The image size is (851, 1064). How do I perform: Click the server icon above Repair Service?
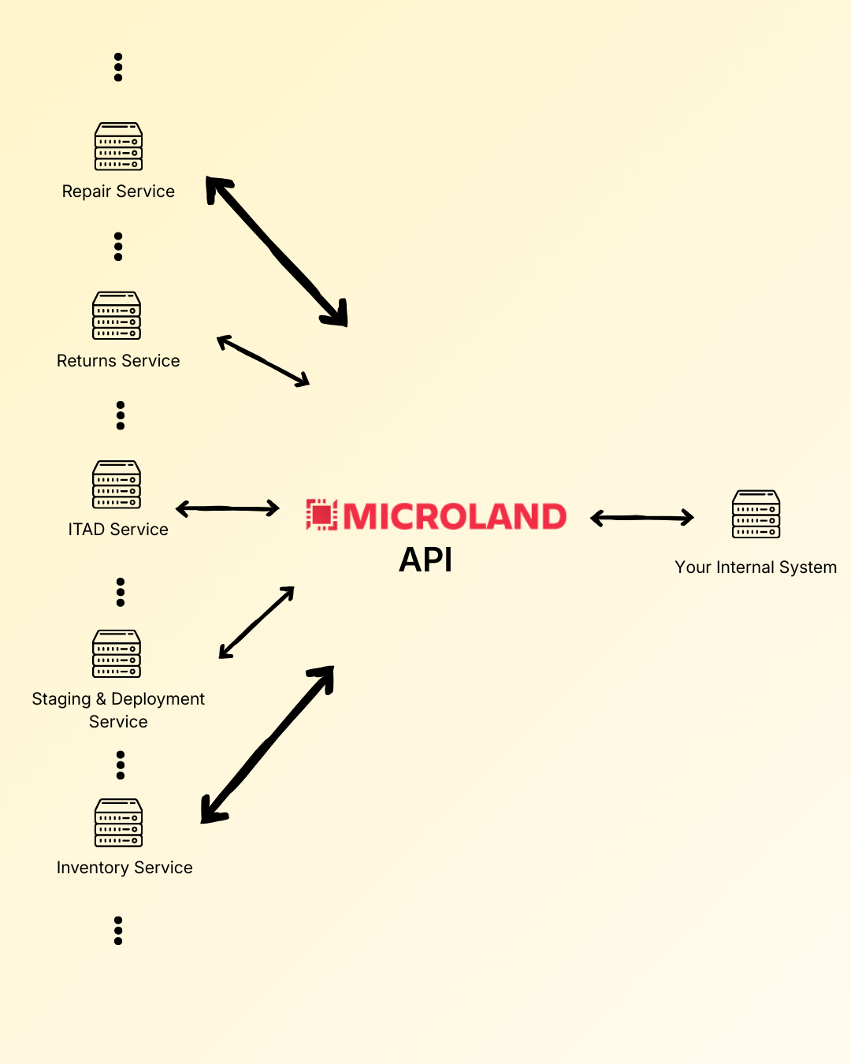click(118, 147)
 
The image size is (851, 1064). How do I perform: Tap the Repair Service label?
click(118, 192)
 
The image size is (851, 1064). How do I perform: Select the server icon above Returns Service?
click(117, 315)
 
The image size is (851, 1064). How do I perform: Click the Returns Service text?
click(118, 361)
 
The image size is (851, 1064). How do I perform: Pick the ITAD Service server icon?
click(117, 485)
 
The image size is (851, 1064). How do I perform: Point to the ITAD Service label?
click(118, 530)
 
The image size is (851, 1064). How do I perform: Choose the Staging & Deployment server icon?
click(117, 653)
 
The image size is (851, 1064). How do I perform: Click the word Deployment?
click(158, 699)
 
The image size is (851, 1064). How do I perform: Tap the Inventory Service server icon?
click(118, 823)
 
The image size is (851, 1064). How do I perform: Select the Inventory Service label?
click(124, 868)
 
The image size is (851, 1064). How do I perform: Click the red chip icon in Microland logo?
click(321, 515)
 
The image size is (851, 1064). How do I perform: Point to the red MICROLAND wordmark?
click(455, 516)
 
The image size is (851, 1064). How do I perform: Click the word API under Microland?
click(425, 560)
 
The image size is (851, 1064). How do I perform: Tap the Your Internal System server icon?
click(756, 514)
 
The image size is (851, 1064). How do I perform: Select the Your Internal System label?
click(756, 567)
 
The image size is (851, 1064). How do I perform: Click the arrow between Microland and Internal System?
click(642, 518)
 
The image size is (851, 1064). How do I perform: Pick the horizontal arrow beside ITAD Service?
click(228, 508)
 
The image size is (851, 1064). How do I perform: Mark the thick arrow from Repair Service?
click(276, 251)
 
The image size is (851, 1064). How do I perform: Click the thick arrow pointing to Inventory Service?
click(268, 744)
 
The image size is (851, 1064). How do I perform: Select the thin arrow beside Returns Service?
click(263, 361)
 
